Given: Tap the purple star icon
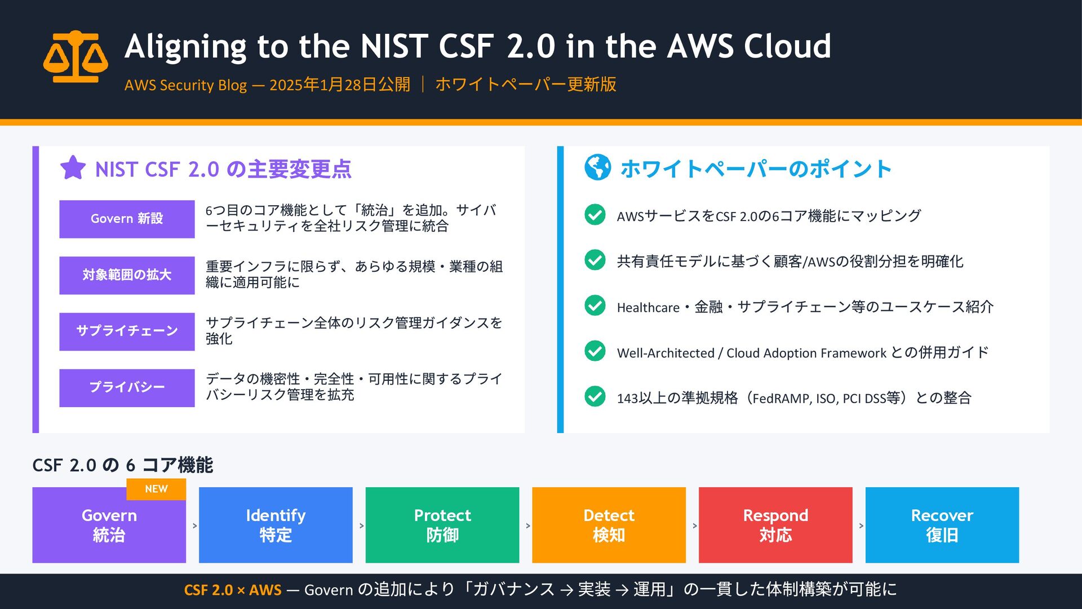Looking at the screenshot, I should [x=73, y=167].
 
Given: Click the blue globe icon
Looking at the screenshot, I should [x=597, y=167].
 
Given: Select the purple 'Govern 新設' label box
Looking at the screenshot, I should [x=127, y=219].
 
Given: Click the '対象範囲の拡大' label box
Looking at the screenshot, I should [x=127, y=275].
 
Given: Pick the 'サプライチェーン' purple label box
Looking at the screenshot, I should [x=127, y=332].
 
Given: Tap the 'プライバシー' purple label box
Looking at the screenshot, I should [x=127, y=388].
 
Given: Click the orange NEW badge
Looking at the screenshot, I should [x=156, y=489].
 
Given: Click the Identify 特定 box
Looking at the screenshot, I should [x=276, y=525].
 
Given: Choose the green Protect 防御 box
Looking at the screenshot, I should [x=442, y=525].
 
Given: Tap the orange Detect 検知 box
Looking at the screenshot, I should [x=609, y=525].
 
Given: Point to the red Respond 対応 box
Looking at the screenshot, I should [x=775, y=525].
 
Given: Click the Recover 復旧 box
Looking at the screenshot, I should [x=942, y=525].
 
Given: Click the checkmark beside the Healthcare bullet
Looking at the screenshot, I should [x=595, y=306].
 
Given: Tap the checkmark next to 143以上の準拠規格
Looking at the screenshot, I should [x=595, y=396].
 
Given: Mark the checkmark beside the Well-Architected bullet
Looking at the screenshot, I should [x=595, y=351].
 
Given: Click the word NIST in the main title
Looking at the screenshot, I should [x=394, y=46].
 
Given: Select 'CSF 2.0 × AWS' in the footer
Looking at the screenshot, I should [x=232, y=590].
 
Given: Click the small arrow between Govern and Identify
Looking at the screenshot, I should [x=195, y=526].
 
